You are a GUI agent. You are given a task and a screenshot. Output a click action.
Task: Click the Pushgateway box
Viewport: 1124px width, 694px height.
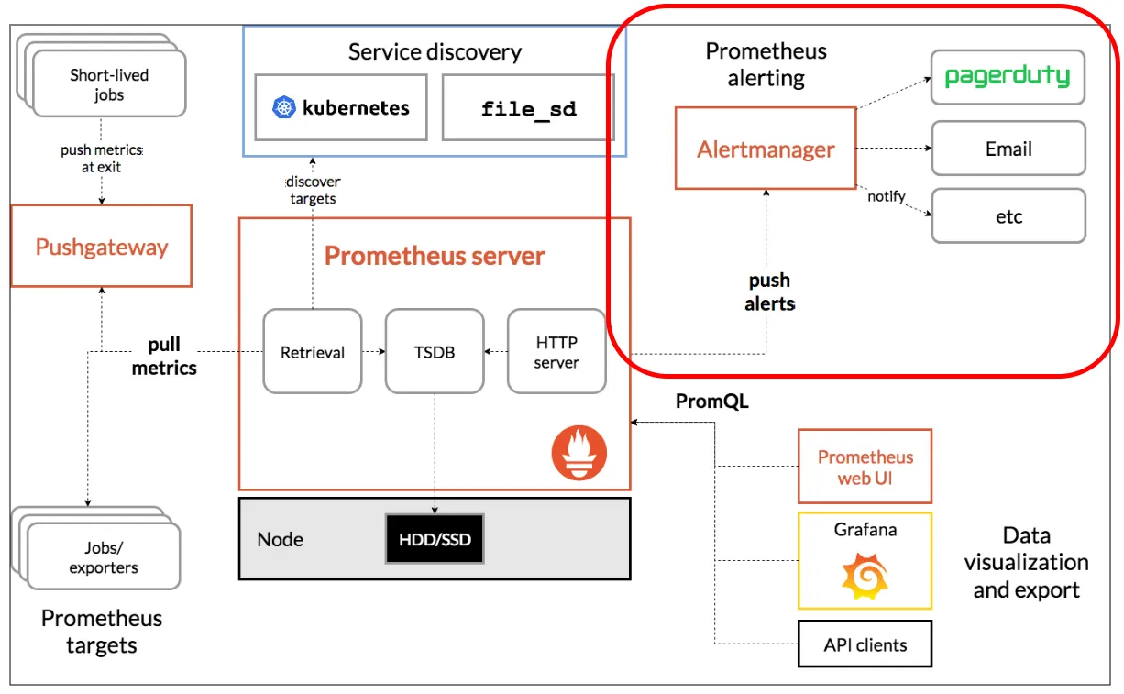pos(101,246)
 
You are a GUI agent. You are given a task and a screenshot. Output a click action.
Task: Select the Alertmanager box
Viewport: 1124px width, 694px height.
pos(766,149)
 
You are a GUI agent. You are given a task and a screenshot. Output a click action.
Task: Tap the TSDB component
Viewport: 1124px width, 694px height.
pos(434,352)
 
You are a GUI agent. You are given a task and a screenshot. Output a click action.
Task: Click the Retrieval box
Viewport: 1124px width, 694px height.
pos(312,352)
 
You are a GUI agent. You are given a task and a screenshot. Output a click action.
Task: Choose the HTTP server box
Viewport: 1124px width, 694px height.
pos(556,352)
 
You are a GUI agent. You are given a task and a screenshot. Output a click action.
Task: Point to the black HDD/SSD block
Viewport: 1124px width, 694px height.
pos(435,539)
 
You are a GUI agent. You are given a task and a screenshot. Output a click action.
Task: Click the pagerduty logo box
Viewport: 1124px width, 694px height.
pos(1008,77)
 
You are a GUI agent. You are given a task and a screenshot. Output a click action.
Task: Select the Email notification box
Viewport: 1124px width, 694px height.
pos(1008,149)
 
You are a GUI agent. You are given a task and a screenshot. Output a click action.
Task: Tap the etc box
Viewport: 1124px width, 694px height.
pos(1008,216)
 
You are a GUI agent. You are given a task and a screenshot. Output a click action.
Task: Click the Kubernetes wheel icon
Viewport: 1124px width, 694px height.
pos(286,108)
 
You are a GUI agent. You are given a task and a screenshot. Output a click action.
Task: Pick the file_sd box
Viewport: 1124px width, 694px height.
pos(528,108)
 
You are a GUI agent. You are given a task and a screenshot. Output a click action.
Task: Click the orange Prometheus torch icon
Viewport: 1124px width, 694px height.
pos(579,453)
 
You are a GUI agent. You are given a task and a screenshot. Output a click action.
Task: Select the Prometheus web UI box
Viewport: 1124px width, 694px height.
pos(865,467)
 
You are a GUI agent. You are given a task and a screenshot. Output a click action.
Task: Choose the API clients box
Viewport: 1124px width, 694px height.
pos(865,644)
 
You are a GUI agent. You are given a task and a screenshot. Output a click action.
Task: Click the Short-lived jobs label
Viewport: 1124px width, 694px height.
pos(109,84)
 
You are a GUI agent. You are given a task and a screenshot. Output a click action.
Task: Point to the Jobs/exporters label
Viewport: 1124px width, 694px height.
pos(104,557)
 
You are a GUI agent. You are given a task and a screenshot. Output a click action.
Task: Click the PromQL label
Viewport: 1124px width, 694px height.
pos(711,402)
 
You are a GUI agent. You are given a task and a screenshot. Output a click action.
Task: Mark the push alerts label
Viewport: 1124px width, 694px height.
pos(769,292)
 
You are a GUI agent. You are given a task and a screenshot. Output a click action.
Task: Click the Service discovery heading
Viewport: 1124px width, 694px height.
pos(435,51)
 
